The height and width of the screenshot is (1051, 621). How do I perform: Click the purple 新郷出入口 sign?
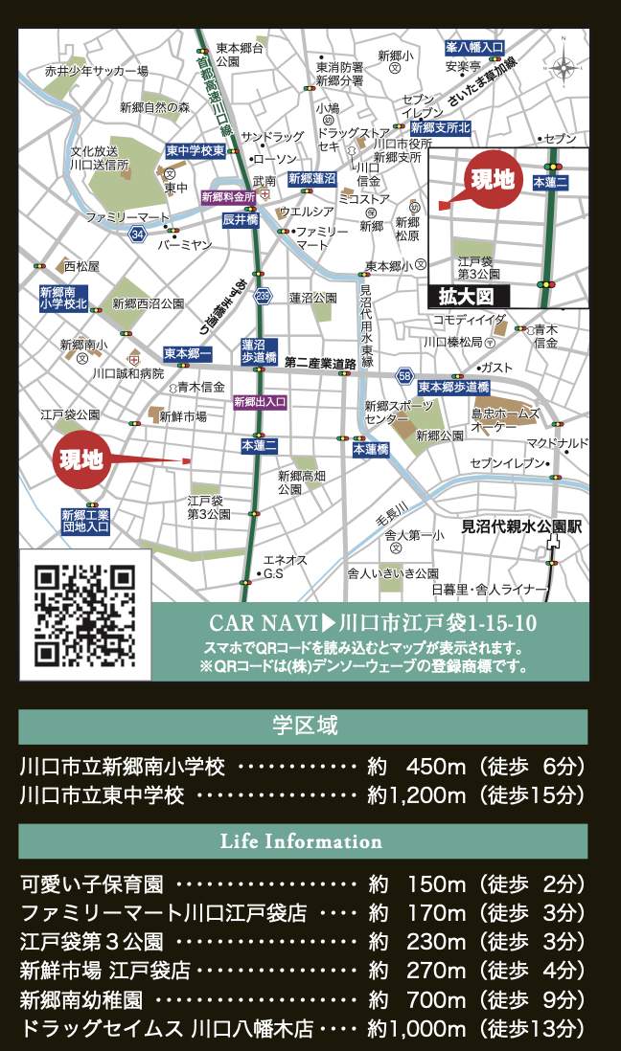click(x=260, y=402)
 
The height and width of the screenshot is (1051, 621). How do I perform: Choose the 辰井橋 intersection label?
click(x=241, y=220)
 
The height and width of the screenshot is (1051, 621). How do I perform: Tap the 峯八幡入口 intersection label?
click(x=474, y=47)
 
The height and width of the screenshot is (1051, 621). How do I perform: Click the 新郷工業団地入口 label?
click(x=85, y=521)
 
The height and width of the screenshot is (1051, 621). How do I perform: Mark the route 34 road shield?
click(x=139, y=235)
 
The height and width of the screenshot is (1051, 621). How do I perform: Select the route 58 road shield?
click(x=405, y=374)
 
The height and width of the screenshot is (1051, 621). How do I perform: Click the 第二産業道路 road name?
click(x=321, y=363)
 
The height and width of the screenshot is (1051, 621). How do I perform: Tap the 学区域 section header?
click(x=303, y=727)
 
